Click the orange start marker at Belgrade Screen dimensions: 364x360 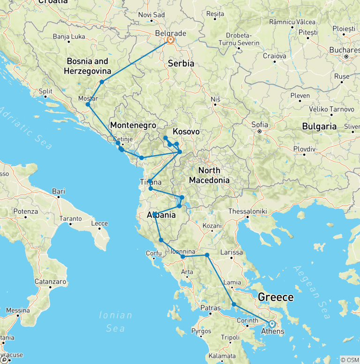coord(170,40)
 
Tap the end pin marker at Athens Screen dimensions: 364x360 coord(271,324)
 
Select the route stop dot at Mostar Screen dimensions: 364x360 coord(88,104)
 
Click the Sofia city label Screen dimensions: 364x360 coord(260,125)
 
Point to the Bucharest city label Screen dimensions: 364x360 coord(344,50)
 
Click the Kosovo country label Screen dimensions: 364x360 coord(186,132)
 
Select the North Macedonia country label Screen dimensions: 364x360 coord(209,175)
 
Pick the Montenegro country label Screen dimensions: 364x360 coord(133,125)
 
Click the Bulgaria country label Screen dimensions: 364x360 coord(319,126)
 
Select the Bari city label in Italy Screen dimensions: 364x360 coord(59,191)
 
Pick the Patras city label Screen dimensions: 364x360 coord(210,308)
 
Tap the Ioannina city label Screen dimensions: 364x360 coord(182,251)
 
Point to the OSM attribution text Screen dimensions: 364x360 coord(350,359)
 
